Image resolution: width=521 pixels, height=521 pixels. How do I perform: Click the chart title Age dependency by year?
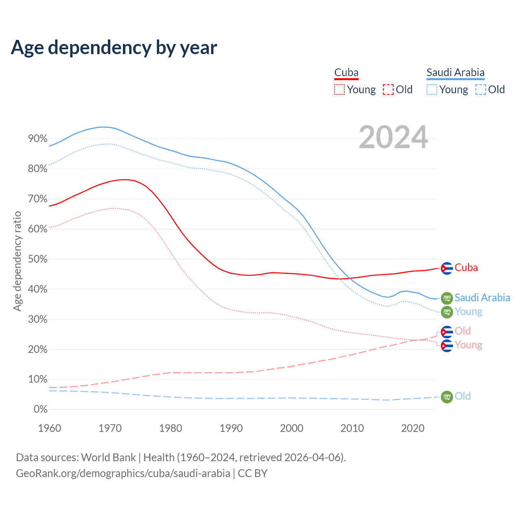pos(114,47)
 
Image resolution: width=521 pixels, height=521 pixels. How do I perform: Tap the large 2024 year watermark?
pos(393,137)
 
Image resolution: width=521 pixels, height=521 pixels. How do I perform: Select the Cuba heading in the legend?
pos(346,73)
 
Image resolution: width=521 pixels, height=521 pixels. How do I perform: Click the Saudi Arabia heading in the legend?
pos(455,73)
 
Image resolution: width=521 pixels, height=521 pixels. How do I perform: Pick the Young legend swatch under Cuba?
pos(339,90)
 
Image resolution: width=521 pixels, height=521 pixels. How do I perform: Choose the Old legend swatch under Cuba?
pos(388,90)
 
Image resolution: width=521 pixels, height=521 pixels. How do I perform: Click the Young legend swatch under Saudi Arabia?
pos(432,90)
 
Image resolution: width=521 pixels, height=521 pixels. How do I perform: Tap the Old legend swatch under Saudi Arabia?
pos(481,90)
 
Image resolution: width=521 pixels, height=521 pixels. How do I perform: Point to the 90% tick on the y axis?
pos(38,139)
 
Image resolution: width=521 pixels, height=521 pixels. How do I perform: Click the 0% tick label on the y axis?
pos(40,409)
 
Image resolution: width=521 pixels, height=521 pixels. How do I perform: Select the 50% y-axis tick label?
pos(38,259)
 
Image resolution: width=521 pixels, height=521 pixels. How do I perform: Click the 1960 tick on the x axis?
pos(49,428)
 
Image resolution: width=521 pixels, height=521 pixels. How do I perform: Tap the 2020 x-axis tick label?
pos(413,428)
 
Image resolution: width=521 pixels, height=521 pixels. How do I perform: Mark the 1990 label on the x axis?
pos(231,428)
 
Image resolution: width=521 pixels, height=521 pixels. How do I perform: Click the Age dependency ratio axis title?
pos(17,261)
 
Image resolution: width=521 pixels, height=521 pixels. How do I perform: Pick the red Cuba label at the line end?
pos(466,268)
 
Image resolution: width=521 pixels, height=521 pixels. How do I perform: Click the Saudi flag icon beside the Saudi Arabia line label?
pos(447,298)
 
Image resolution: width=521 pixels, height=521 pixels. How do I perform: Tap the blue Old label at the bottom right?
pos(463,396)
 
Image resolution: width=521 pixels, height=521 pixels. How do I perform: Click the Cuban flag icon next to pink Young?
pos(447,346)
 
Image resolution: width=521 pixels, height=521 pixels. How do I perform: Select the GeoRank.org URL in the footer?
pos(123,473)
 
